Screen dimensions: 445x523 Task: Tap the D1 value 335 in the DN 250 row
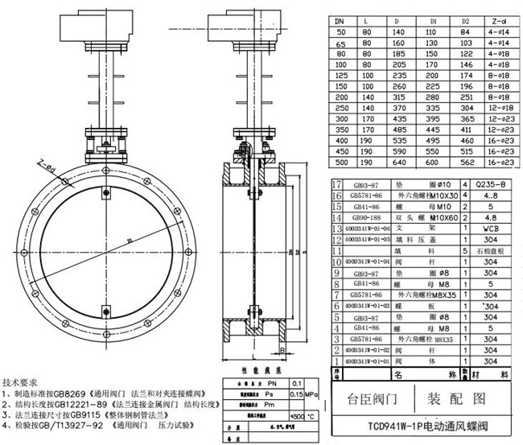pos(435,106)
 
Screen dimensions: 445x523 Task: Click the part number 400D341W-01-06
pos(366,229)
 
